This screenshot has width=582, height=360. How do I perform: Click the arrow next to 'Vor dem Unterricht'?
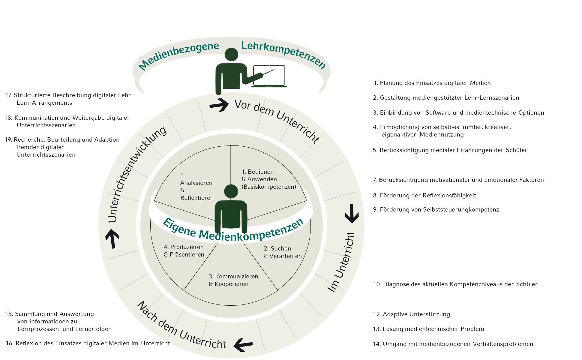(x=219, y=105)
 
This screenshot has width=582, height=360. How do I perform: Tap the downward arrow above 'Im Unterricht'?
(x=352, y=214)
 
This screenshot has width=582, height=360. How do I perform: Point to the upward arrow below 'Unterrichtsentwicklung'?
(x=112, y=239)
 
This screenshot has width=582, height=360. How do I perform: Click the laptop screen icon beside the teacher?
(x=269, y=75)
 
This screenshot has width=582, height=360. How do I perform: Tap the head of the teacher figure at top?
(x=231, y=55)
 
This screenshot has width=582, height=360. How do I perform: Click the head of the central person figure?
(x=231, y=191)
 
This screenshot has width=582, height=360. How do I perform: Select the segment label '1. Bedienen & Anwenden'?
(x=268, y=179)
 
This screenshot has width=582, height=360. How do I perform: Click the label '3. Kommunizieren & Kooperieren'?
(x=233, y=280)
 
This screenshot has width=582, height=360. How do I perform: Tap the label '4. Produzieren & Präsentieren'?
(x=184, y=251)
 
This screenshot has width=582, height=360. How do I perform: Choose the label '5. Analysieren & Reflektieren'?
(x=196, y=186)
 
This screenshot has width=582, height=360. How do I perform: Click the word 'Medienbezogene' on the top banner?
(x=179, y=56)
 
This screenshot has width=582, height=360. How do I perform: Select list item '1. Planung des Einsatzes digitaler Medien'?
(x=432, y=83)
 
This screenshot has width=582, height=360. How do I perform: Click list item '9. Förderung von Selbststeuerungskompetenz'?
(x=436, y=210)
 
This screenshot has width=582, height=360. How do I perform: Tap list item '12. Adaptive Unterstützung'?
(x=411, y=314)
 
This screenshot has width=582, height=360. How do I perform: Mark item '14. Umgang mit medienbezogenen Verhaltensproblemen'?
(x=453, y=344)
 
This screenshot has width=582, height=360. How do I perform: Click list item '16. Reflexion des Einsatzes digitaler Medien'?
(x=88, y=343)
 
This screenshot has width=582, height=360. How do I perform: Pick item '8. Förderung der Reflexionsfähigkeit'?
(x=424, y=196)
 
